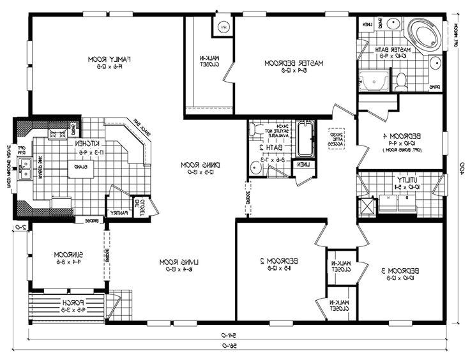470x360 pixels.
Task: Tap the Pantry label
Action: [119, 213]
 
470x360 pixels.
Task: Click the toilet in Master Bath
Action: [400, 81]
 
